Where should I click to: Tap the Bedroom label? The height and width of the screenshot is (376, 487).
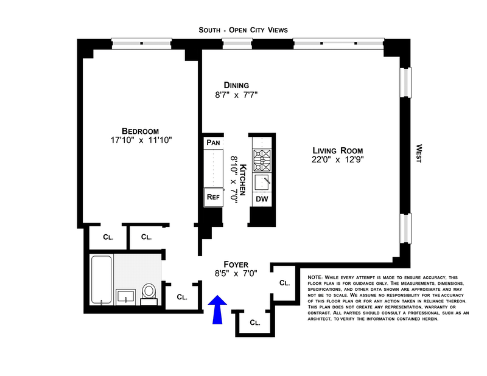(x=140, y=131)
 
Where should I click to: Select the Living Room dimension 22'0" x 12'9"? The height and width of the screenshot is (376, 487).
(x=338, y=161)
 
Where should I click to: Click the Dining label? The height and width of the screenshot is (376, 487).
(x=236, y=85)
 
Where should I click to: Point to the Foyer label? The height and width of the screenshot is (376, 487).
(x=236, y=265)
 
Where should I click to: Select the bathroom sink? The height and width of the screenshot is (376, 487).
(x=125, y=296)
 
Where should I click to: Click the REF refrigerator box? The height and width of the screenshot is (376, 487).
(x=213, y=197)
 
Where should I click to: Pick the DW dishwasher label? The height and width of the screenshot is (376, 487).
(x=262, y=199)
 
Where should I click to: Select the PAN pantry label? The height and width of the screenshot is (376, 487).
(x=213, y=142)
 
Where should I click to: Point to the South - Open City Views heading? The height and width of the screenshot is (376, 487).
(x=243, y=29)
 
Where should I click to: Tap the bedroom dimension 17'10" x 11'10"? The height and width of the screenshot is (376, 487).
(x=140, y=141)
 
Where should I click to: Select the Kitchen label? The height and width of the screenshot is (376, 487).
(x=242, y=179)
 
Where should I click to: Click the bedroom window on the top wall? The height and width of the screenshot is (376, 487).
(x=142, y=43)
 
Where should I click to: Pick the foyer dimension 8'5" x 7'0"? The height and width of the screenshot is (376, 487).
(x=236, y=274)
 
